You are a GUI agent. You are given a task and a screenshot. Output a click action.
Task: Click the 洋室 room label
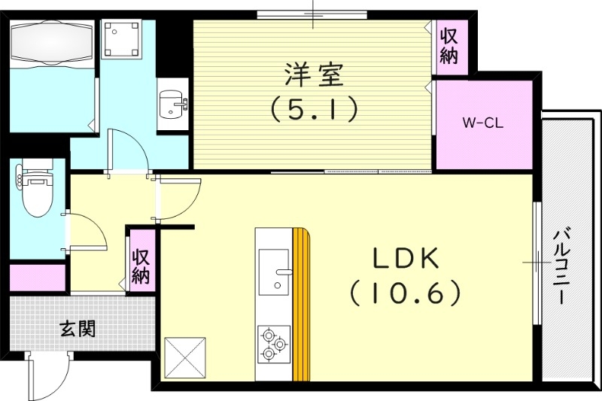click(x=314, y=75)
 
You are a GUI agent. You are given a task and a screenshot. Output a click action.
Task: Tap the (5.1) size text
click(x=314, y=111)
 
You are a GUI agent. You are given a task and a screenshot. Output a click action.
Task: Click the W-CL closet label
click(x=482, y=123)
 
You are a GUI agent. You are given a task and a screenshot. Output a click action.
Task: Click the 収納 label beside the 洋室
click(x=450, y=45)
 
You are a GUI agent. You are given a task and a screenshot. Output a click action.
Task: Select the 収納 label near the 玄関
click(x=141, y=266)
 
